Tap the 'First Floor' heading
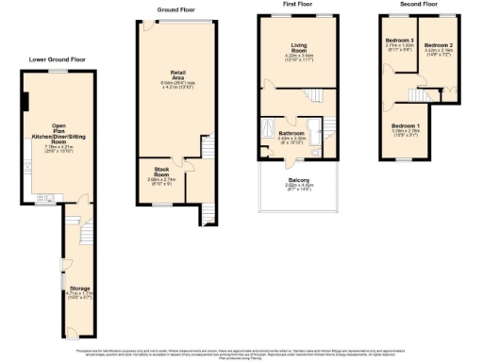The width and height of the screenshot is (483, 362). click(x=296, y=5)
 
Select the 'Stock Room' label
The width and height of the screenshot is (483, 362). click(x=156, y=171)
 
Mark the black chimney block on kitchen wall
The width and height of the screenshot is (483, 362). click(x=25, y=102)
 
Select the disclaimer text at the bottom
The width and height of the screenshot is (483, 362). click(x=241, y=352)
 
